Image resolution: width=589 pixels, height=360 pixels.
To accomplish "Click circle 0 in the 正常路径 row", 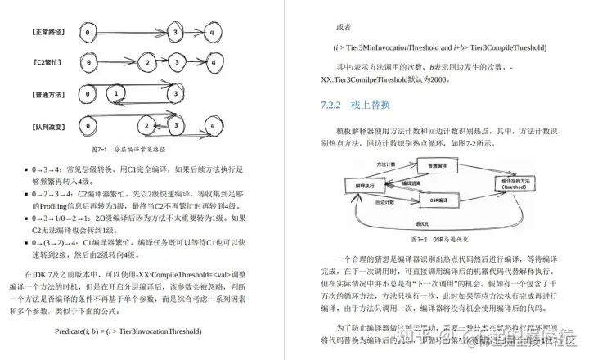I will point(86,33).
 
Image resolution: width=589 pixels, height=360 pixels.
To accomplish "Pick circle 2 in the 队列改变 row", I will point(146,125).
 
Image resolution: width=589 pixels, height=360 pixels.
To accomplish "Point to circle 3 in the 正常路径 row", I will point(175,33).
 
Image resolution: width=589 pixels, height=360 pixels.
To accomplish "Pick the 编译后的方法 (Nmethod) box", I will point(519,182).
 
